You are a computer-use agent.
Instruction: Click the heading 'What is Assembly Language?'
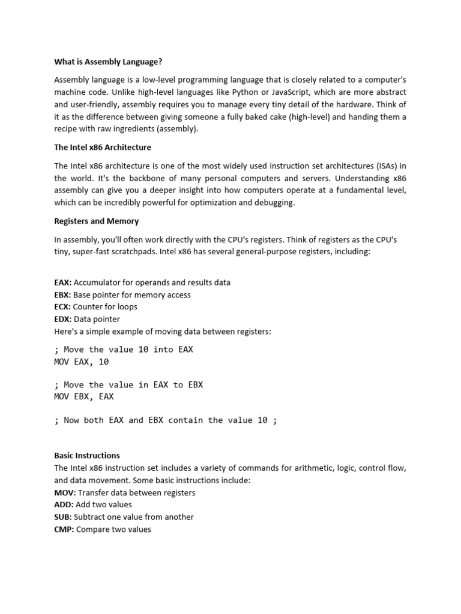click(109, 62)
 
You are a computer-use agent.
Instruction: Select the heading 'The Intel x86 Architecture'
click(103, 148)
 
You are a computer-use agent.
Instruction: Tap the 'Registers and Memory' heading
click(97, 221)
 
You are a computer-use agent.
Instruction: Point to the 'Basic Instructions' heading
click(87, 456)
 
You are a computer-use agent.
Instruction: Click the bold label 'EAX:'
click(62, 282)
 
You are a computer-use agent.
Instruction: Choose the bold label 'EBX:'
click(62, 295)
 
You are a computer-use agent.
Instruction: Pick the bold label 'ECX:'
click(62, 307)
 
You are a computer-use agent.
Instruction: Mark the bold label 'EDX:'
click(62, 320)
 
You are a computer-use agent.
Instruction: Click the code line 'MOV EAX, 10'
click(82, 362)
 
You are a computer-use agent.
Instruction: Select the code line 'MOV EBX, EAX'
click(84, 396)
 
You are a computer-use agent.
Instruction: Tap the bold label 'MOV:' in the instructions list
click(64, 493)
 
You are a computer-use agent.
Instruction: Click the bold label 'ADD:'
click(64, 505)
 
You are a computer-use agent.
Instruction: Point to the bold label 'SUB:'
click(63, 517)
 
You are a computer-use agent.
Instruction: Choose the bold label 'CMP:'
click(64, 529)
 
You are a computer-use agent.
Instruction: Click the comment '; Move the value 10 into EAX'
click(124, 350)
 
